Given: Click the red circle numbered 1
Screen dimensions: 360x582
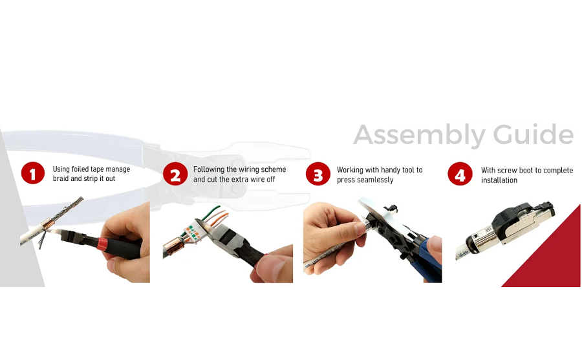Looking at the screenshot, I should (x=32, y=174).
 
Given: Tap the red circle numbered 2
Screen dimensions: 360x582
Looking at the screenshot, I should (x=175, y=174).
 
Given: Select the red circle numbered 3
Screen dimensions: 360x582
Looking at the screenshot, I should (x=318, y=174).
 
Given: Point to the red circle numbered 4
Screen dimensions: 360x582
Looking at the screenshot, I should (x=460, y=174).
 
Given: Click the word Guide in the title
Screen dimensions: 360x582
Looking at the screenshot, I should (x=533, y=135).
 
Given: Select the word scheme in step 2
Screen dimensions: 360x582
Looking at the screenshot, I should (x=272, y=169).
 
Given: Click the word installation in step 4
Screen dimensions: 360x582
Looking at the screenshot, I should (x=499, y=180).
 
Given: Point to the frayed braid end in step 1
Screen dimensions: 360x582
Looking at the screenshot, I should (x=72, y=205).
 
